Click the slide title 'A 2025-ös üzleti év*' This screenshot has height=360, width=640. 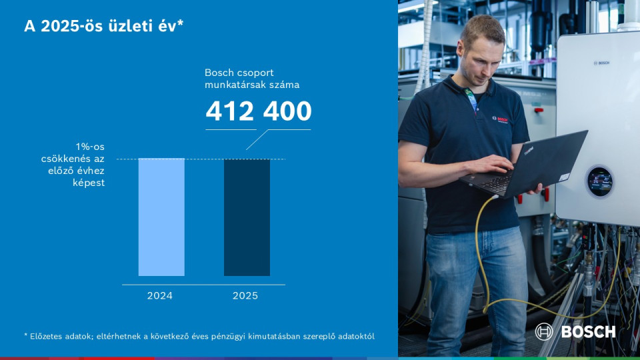(x=103, y=26)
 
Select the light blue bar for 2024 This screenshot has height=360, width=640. (x=161, y=217)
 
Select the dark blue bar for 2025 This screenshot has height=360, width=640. (x=247, y=217)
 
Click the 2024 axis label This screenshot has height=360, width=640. (x=160, y=295)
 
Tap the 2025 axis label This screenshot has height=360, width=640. (x=245, y=295)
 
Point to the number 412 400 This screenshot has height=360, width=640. (x=259, y=111)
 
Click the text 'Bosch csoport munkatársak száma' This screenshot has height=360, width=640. (x=251, y=79)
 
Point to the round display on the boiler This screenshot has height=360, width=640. (x=599, y=181)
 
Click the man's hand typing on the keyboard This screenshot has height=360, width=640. (x=490, y=164)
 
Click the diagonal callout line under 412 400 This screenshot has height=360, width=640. (x=257, y=139)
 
